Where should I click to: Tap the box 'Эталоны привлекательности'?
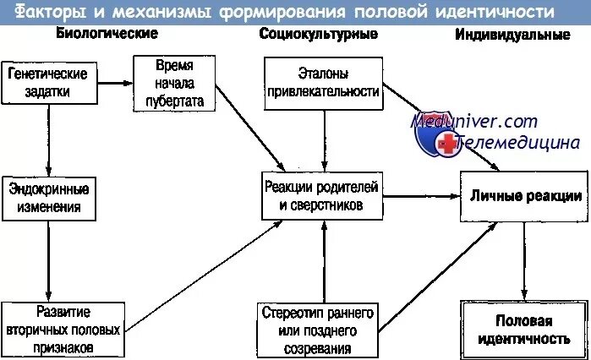tap(321, 83)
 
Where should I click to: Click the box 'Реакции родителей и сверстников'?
tap(321, 196)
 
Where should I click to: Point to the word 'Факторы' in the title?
tap(50, 12)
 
